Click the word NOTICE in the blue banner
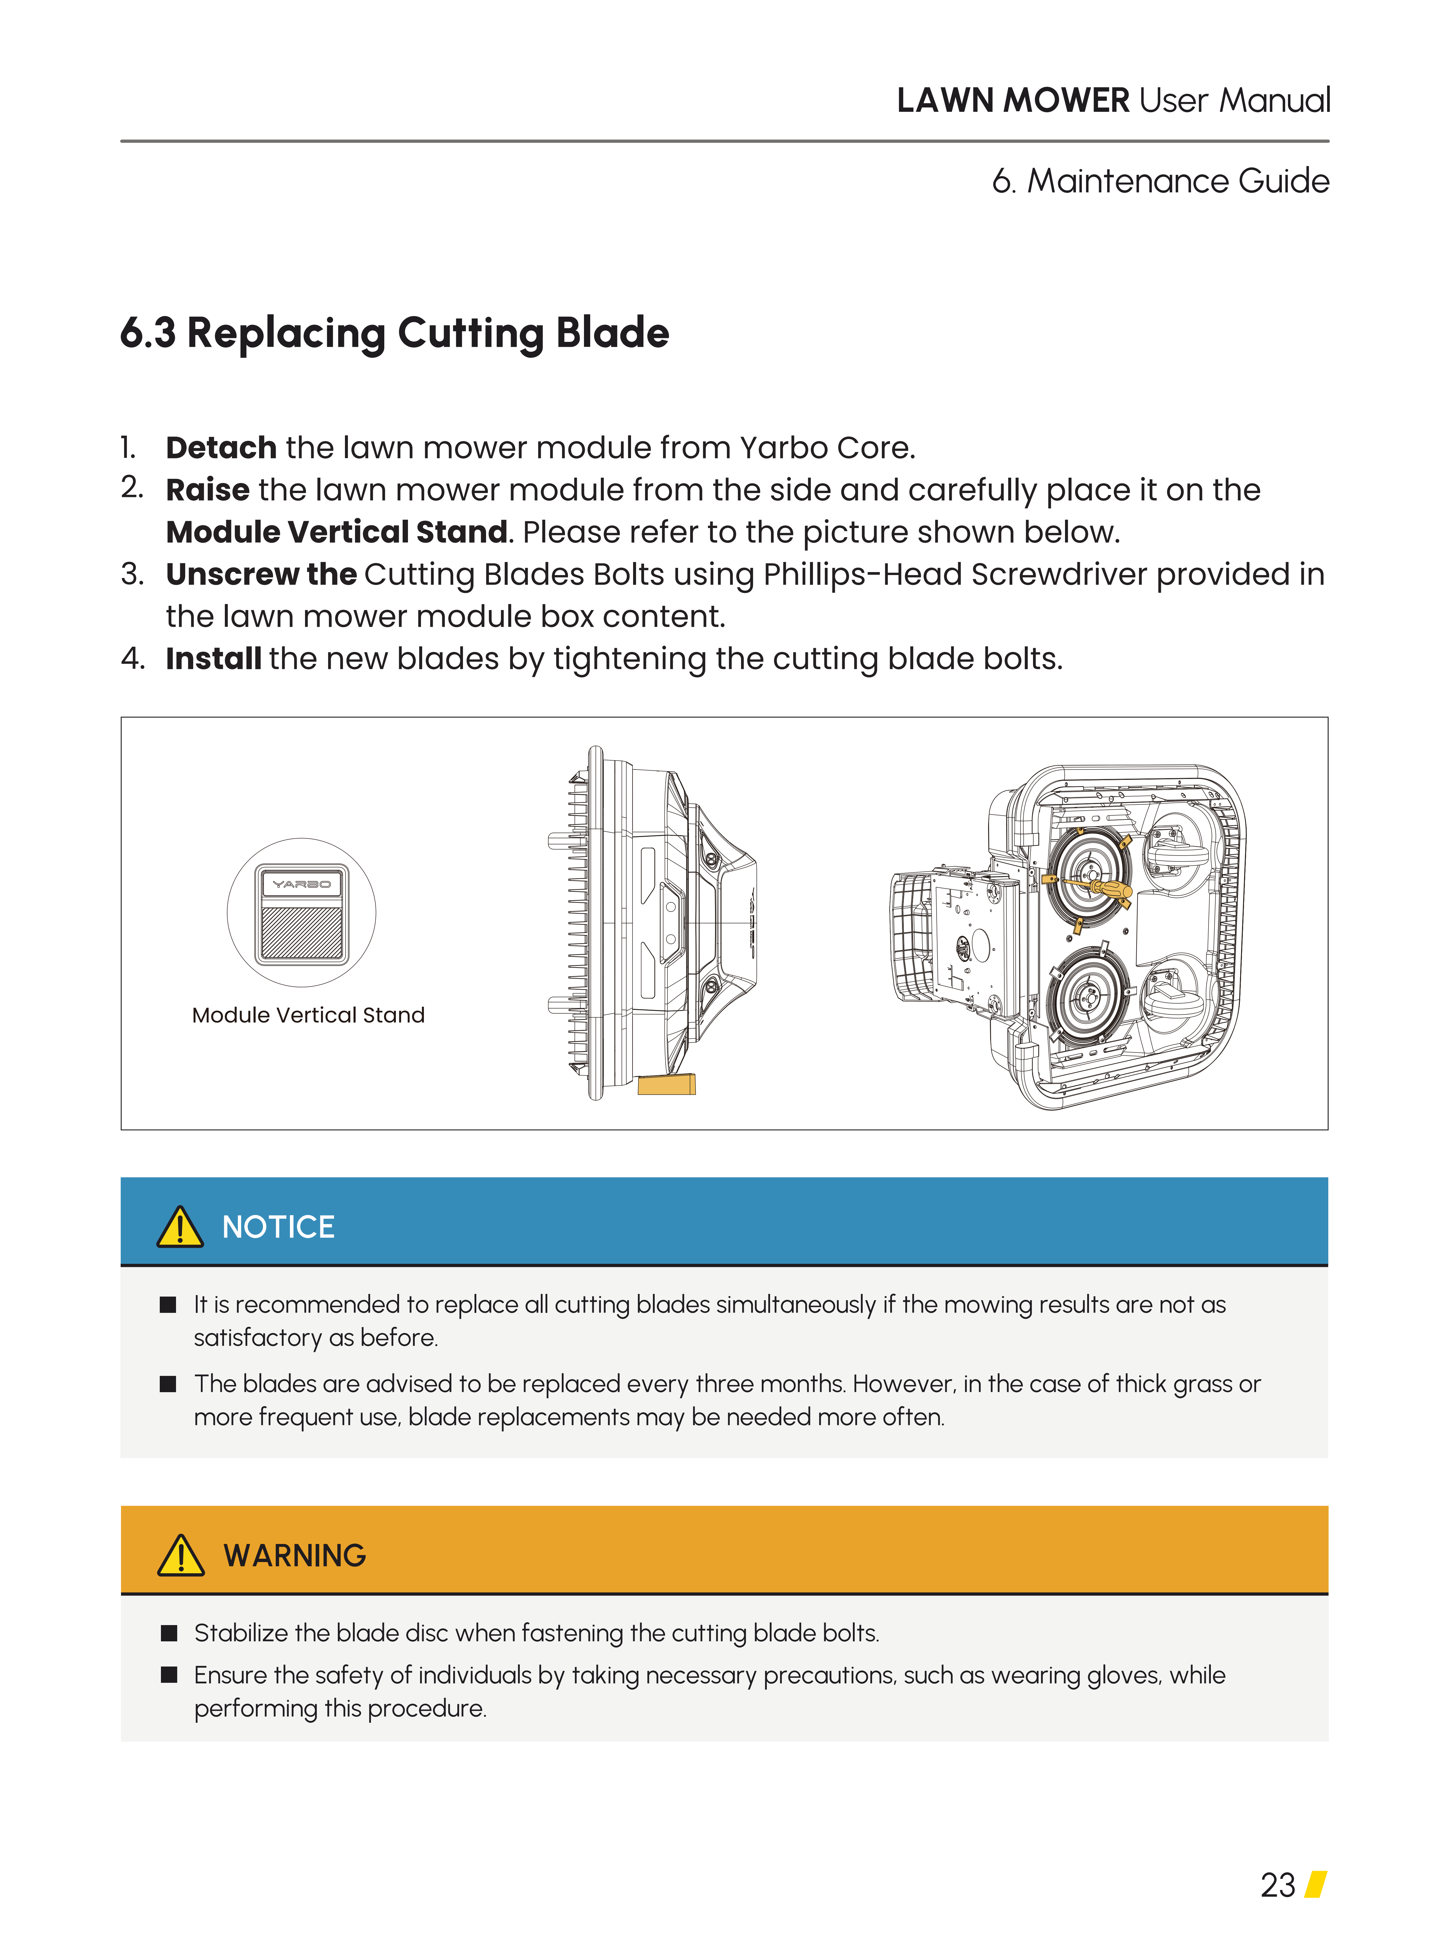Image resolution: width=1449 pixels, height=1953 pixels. tap(278, 1226)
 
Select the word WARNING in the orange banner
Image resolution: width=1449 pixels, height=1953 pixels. tap(295, 1556)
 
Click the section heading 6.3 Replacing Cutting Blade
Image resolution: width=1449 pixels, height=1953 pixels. tap(395, 334)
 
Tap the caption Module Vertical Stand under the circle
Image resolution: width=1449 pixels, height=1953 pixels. tap(308, 1015)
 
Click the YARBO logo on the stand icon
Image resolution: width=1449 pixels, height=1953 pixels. tap(302, 883)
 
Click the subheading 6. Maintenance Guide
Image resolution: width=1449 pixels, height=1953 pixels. tap(1161, 181)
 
